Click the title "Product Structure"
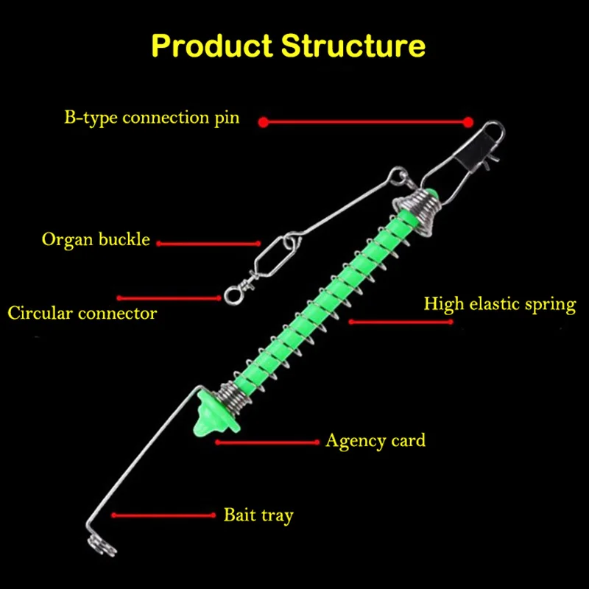pyautogui.click(x=288, y=45)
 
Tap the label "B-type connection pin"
pyautogui.click(x=151, y=118)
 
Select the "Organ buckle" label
pyautogui.click(x=96, y=239)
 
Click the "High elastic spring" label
pyautogui.click(x=499, y=303)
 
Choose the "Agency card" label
pyautogui.click(x=375, y=440)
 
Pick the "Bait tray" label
pyautogui.click(x=258, y=514)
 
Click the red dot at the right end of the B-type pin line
pyautogui.click(x=468, y=122)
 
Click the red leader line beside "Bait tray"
pyautogui.click(x=162, y=515)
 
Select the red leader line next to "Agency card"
pyautogui.click(x=268, y=442)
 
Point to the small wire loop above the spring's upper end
pyautogui.click(x=399, y=176)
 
